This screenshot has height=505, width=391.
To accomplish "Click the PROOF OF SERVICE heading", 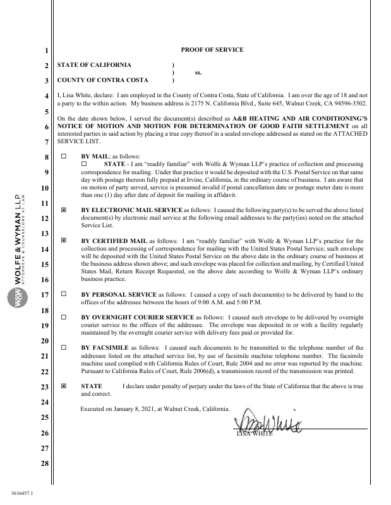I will click(212, 50).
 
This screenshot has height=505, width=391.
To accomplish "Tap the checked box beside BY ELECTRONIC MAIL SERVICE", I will click(63, 208).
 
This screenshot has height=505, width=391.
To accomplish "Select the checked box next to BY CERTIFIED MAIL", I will click(63, 241).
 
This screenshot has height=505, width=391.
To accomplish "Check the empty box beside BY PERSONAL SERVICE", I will click(63, 294).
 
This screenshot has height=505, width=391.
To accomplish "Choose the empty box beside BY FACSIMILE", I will click(63, 348).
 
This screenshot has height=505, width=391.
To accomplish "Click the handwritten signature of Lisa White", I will click(268, 420).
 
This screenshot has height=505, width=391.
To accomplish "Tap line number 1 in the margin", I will click(45, 50).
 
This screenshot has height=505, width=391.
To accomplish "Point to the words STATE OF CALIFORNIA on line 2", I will click(94, 65).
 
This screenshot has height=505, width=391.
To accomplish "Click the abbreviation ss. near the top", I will click(198, 73).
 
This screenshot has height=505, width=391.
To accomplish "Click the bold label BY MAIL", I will click(95, 156).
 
